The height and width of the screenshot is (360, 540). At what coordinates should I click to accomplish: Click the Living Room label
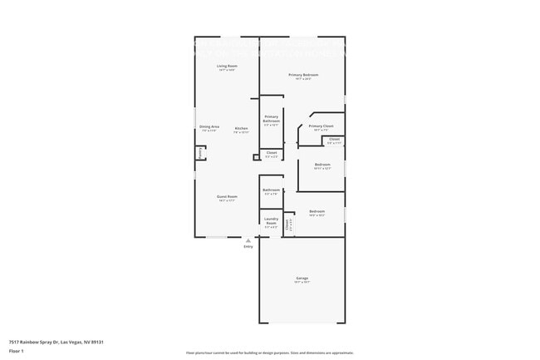click(x=227, y=66)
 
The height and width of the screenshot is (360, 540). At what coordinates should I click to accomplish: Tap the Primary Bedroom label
click(x=303, y=75)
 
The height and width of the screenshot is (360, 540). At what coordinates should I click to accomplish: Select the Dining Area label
click(x=209, y=126)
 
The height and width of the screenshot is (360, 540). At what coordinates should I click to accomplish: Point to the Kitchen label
click(x=241, y=128)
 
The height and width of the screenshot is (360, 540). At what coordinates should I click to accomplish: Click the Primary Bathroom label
click(x=272, y=120)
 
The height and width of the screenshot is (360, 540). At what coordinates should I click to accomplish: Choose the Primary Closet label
click(x=321, y=126)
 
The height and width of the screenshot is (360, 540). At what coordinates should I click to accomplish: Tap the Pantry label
click(x=200, y=152)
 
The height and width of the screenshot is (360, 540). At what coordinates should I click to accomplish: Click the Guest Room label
click(x=228, y=197)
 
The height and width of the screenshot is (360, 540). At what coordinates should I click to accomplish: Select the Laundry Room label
click(x=271, y=221)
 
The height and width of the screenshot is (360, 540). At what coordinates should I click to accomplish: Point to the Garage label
click(x=302, y=278)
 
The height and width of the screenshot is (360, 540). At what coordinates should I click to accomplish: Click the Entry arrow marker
click(x=248, y=240)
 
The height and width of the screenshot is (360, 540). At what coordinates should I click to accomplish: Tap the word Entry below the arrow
click(x=248, y=247)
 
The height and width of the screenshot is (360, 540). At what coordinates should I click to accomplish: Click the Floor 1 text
click(x=17, y=352)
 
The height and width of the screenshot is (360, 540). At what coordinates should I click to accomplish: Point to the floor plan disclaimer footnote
click(x=269, y=353)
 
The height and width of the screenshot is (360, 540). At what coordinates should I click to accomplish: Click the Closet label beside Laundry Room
click(x=288, y=223)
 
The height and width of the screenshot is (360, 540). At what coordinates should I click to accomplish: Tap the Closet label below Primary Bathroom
click(x=272, y=152)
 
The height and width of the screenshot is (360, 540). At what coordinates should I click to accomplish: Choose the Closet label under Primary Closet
click(x=333, y=139)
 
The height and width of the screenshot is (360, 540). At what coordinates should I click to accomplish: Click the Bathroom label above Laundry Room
click(x=272, y=190)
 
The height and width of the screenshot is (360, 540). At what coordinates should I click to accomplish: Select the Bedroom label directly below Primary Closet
click(x=322, y=165)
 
